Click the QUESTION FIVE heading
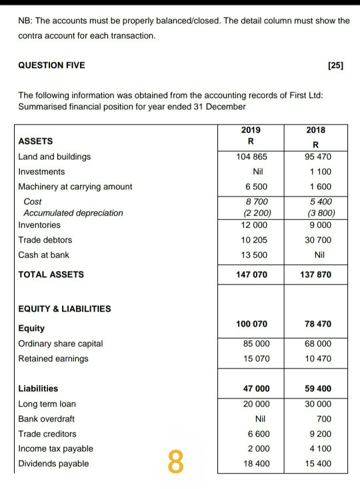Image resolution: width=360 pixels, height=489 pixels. pyautogui.click(x=51, y=65)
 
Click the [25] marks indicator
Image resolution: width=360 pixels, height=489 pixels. pyautogui.click(x=336, y=65)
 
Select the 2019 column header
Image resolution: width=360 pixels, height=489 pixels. pyautogui.click(x=251, y=130)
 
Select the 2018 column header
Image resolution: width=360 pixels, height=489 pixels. pyautogui.click(x=315, y=130)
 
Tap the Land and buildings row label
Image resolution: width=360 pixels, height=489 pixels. pyautogui.click(x=54, y=157)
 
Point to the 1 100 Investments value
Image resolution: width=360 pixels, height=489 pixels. pyautogui.click(x=318, y=172)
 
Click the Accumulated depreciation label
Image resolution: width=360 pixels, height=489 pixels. pyautogui.click(x=73, y=213)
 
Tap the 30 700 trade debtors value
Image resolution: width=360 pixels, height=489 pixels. pyautogui.click(x=317, y=240)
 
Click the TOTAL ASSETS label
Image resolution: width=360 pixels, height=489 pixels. pyautogui.click(x=51, y=274)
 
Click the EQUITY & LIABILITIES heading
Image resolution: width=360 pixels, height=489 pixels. pyautogui.click(x=65, y=309)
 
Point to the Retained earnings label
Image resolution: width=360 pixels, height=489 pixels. pyautogui.click(x=53, y=359)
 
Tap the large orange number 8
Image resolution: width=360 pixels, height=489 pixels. pyautogui.click(x=175, y=462)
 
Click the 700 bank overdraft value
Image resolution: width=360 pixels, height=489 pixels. pyautogui.click(x=323, y=419)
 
